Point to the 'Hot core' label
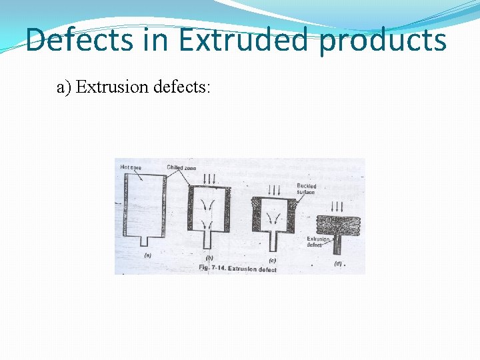tap(131, 167)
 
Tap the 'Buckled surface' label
tap(307, 189)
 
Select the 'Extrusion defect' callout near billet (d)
tap(317, 241)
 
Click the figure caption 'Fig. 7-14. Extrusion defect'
tap(238, 269)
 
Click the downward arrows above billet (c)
tap(274, 187)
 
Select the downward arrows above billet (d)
tap(337, 206)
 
